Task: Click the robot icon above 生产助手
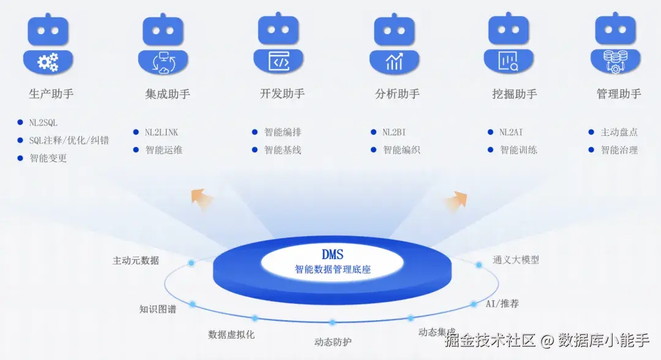coord(48,43)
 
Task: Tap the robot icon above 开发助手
coord(278,43)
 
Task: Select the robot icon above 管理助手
coord(615,43)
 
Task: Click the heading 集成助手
coord(168,94)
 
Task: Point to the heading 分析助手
coord(397,94)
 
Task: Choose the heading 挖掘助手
coord(514,94)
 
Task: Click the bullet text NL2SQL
coord(43,123)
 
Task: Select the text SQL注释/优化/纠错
coord(69,140)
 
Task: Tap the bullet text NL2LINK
coord(162,132)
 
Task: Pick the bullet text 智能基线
coord(282,150)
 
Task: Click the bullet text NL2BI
coord(394,132)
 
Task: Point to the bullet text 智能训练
coord(518,150)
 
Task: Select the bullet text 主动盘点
coord(619,132)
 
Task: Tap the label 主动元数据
coord(136,261)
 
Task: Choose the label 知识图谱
coord(157,309)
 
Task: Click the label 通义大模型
coord(516,260)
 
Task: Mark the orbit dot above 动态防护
coord(332,322)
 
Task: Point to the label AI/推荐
coord(502,304)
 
